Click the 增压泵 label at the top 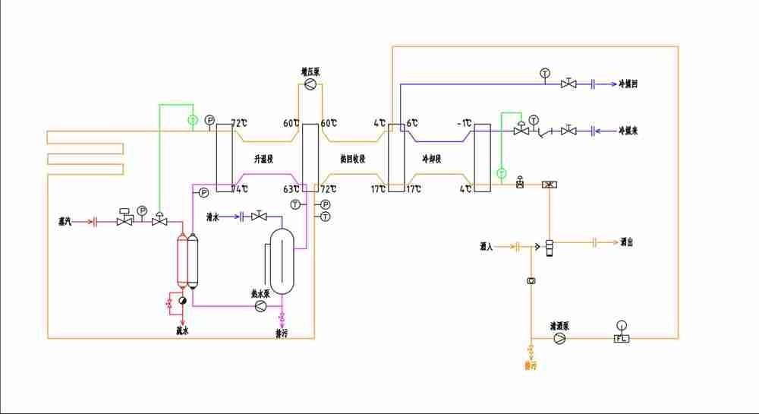tap(310, 71)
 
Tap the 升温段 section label tap(263, 159)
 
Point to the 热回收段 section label tap(353, 159)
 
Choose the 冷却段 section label tap(433, 159)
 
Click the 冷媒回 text tap(628, 84)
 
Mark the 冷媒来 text tap(628, 131)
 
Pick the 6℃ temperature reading tap(413, 123)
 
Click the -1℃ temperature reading tap(465, 123)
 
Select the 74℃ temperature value tap(240, 188)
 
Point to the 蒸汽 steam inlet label tap(65, 222)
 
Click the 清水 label tap(213, 217)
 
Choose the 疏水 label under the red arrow tap(181, 330)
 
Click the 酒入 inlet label tap(486, 246)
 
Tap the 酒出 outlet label tap(626, 242)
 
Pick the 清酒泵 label tap(560, 327)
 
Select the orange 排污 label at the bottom tap(531, 365)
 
